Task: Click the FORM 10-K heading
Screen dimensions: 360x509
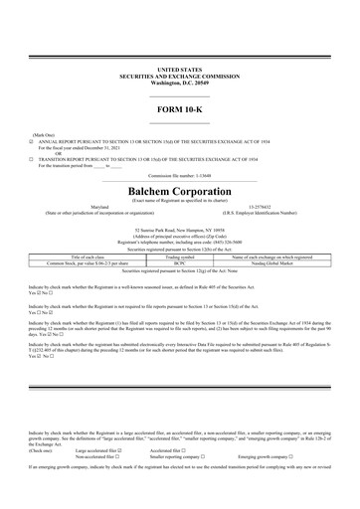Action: [179, 104]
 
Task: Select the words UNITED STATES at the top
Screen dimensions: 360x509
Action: [179, 68]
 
